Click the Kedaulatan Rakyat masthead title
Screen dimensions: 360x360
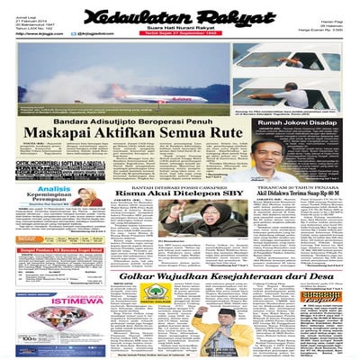[x=180, y=16]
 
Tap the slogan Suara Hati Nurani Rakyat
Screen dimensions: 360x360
[x=180, y=31]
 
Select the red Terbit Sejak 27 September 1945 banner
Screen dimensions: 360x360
[x=180, y=37]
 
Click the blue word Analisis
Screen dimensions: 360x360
[x=54, y=189]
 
